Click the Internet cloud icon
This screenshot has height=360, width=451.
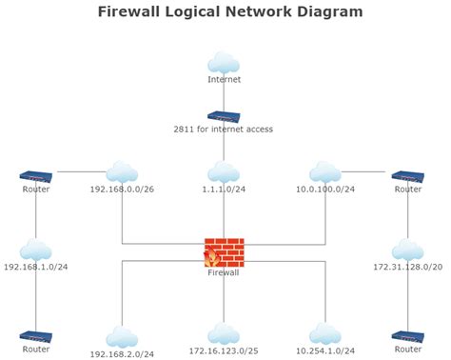(224, 63)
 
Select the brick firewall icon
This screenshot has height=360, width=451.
(225, 251)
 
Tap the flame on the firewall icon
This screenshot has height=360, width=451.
(211, 257)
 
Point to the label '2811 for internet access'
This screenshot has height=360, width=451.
(224, 129)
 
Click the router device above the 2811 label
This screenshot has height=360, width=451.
(224, 116)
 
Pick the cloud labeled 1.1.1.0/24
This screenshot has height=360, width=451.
(224, 171)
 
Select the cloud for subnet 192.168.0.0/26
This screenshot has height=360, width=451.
(122, 171)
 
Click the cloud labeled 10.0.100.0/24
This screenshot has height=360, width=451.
(325, 171)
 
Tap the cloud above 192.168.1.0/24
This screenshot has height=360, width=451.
(36, 250)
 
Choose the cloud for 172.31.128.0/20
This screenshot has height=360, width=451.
(408, 250)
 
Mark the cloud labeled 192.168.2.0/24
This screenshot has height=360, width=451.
(122, 336)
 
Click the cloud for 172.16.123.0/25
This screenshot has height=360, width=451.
(224, 333)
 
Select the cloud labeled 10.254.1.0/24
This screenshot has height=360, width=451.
(325, 333)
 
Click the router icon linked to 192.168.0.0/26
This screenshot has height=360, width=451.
(36, 176)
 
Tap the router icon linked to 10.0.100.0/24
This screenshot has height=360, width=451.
(408, 176)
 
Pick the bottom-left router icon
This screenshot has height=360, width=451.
(36, 336)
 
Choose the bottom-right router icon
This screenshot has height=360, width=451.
(408, 336)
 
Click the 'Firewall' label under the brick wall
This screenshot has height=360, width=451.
(224, 273)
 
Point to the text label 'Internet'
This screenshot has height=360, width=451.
(224, 80)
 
